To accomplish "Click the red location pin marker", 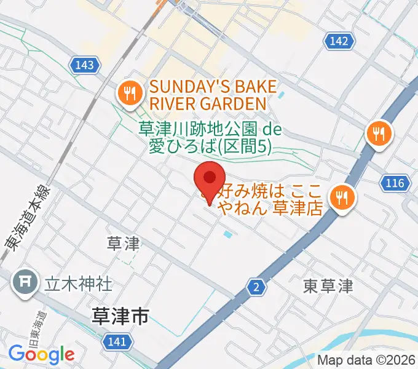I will pos(209,180).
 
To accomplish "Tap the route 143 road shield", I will pos(86,65).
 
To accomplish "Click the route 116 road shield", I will pos(395,183).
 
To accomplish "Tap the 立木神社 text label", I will pos(77,284).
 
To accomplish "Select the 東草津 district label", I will pos(328,286).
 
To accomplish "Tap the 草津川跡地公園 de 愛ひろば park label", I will pos(205,137).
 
